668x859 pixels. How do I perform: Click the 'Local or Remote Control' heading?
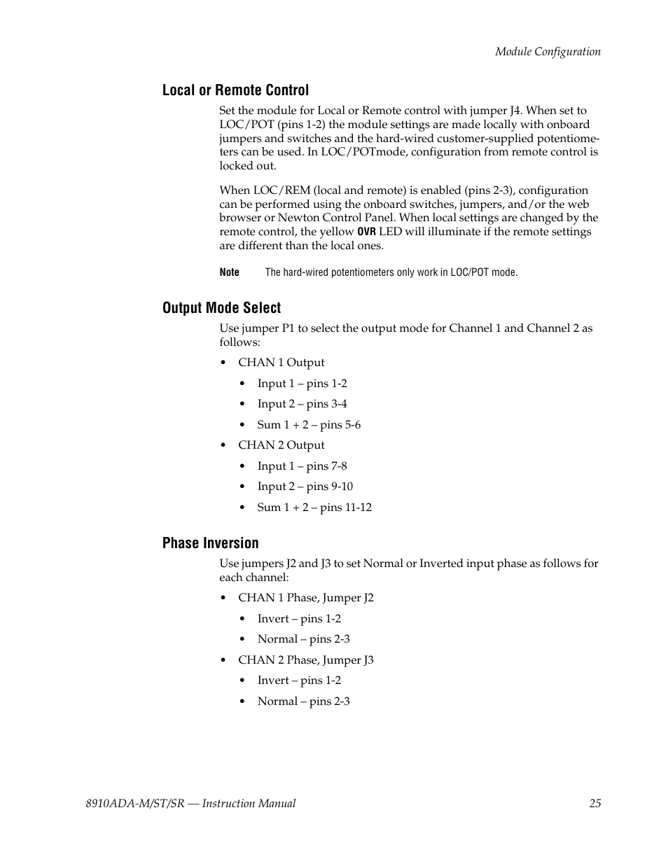click(x=235, y=90)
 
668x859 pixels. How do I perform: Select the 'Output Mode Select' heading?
click(x=221, y=308)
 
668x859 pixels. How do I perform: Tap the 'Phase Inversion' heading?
click(x=210, y=543)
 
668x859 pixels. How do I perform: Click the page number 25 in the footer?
click(x=594, y=804)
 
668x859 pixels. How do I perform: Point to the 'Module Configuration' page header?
click(x=548, y=52)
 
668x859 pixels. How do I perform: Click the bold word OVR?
click(x=367, y=232)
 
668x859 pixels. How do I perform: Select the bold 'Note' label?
click(x=229, y=272)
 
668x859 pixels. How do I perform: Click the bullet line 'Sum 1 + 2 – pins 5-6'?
click(x=309, y=425)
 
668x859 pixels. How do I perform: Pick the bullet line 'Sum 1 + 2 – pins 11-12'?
click(x=314, y=508)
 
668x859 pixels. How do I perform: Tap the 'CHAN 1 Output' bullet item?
click(x=281, y=363)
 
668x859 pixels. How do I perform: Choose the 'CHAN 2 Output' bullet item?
click(x=281, y=445)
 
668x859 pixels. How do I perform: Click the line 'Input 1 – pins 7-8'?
click(x=302, y=466)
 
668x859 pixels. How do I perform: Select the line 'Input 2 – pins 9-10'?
click(x=305, y=487)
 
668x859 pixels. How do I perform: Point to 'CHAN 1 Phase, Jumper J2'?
click(x=305, y=598)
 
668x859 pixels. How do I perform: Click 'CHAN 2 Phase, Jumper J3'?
click(x=305, y=660)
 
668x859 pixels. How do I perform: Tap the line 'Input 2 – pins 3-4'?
click(x=302, y=404)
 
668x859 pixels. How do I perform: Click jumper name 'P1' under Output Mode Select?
click(x=289, y=328)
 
